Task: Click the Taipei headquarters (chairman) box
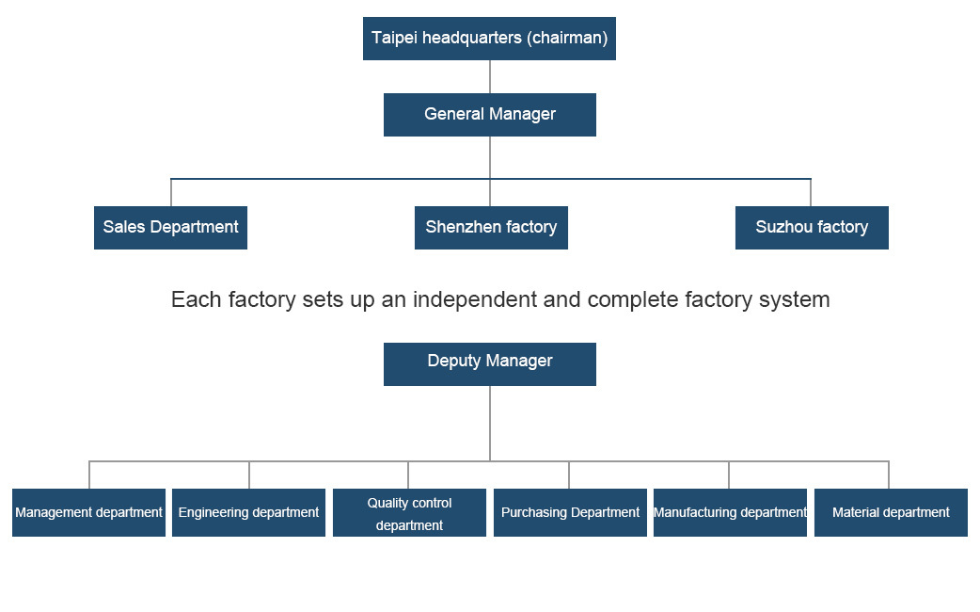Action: click(489, 39)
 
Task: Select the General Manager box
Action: click(489, 115)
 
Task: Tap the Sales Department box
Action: click(170, 228)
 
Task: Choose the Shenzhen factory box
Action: click(491, 228)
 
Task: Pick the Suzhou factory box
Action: click(812, 228)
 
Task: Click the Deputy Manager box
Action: click(489, 363)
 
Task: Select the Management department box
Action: click(88, 513)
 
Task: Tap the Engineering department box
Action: click(248, 513)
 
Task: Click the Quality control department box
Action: click(409, 513)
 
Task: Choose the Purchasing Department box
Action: click(570, 513)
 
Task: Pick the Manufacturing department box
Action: click(730, 513)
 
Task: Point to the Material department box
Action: click(891, 513)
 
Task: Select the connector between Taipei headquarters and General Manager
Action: click(489, 76)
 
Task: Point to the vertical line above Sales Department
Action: click(171, 192)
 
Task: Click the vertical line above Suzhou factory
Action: click(811, 192)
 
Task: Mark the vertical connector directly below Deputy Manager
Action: click(489, 424)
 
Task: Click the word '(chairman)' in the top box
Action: click(566, 39)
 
